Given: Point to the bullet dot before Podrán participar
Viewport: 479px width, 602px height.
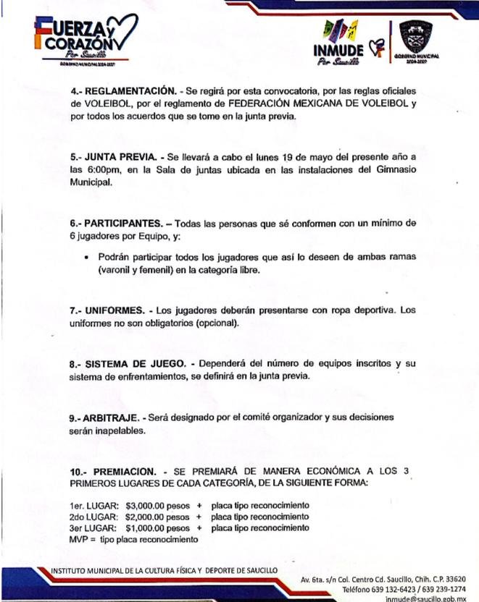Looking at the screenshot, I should pyautogui.click(x=87, y=256).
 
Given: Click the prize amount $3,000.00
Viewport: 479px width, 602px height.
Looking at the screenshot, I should pyautogui.click(x=148, y=505).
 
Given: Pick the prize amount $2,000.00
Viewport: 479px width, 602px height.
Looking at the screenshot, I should pyautogui.click(x=149, y=517).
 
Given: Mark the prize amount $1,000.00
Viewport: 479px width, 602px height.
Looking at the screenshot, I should pyautogui.click(x=149, y=528).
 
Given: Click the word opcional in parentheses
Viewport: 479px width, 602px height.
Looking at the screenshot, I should pyautogui.click(x=216, y=323).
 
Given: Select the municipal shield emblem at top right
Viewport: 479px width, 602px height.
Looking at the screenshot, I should pyautogui.click(x=415, y=36).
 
